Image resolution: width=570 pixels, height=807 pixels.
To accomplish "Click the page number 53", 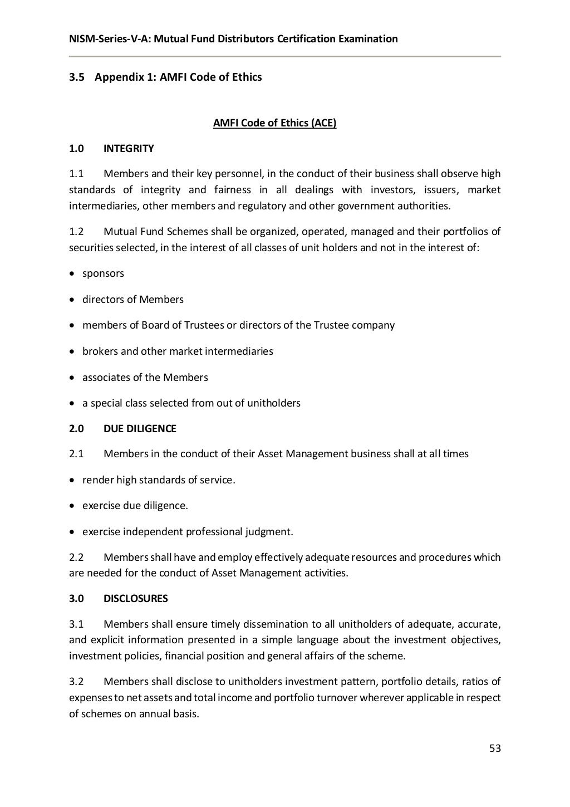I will pos(495,748).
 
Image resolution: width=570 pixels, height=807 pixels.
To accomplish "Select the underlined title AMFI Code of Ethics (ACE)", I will pos(274,123).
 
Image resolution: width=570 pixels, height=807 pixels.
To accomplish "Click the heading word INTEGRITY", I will pos(129,149).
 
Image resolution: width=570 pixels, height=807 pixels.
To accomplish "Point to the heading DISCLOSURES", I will pos(135,598).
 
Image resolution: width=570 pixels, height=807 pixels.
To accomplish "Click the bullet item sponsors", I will pos(103,273).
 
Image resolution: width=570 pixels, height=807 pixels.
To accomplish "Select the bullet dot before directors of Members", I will pos(72,300).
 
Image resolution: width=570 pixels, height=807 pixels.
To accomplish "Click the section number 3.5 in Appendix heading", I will pos(76,77).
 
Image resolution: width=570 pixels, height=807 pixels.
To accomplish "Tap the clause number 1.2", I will pos(76,231).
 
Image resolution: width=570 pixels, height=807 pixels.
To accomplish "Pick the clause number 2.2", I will pos(76,557).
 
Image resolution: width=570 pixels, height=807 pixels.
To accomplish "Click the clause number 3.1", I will pos(76,624).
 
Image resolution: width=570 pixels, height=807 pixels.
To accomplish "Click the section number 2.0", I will pos(76,428).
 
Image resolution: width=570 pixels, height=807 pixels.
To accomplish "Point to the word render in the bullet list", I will pos(98,480).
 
